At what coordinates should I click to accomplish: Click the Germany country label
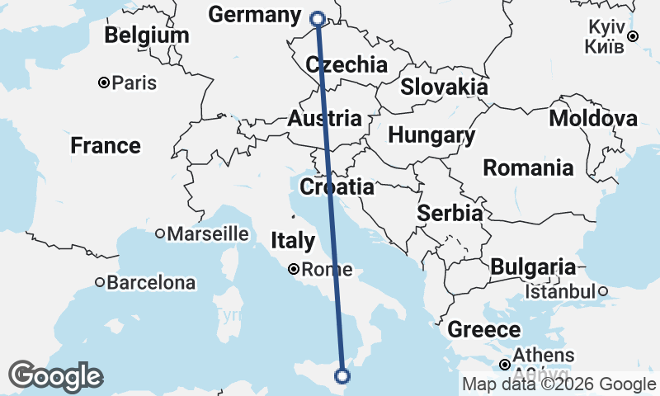tap(254, 15)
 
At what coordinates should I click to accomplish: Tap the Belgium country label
tap(147, 35)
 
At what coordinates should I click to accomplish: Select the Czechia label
tap(346, 65)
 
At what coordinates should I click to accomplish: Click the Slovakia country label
tap(444, 87)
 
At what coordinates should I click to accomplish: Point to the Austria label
tap(325, 118)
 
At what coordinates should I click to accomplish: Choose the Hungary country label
tap(431, 135)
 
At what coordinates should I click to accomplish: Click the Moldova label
tap(593, 119)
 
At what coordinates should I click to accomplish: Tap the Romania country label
tap(528, 168)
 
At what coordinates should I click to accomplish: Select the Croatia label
tap(337, 187)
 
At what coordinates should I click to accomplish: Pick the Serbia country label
tap(450, 213)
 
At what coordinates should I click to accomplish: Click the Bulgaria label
tap(533, 267)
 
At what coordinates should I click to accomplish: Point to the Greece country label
tap(484, 331)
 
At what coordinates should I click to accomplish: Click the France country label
tap(106, 146)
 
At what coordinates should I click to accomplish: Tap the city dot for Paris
tap(104, 82)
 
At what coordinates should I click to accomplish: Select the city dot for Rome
tap(293, 269)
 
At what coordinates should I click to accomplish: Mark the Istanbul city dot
tap(603, 291)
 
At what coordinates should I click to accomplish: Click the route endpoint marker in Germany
tap(318, 18)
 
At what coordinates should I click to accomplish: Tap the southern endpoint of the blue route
tap(342, 376)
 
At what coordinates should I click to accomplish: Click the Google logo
tap(56, 376)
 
